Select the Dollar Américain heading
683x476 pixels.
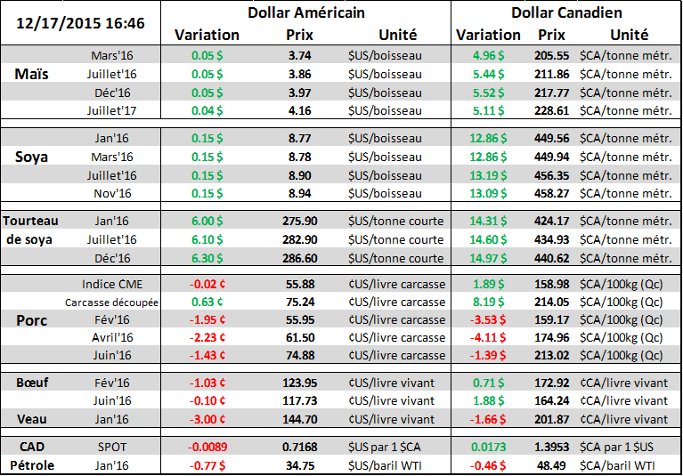click(305, 13)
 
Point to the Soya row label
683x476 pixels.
click(33, 157)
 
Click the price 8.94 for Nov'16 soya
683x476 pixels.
click(299, 193)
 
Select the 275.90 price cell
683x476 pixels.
click(299, 221)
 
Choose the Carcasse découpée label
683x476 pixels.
click(112, 303)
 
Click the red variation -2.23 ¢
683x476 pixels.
click(208, 338)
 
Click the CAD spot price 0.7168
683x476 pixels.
click(299, 444)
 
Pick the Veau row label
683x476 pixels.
click(32, 419)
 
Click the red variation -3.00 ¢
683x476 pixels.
click(208, 419)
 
